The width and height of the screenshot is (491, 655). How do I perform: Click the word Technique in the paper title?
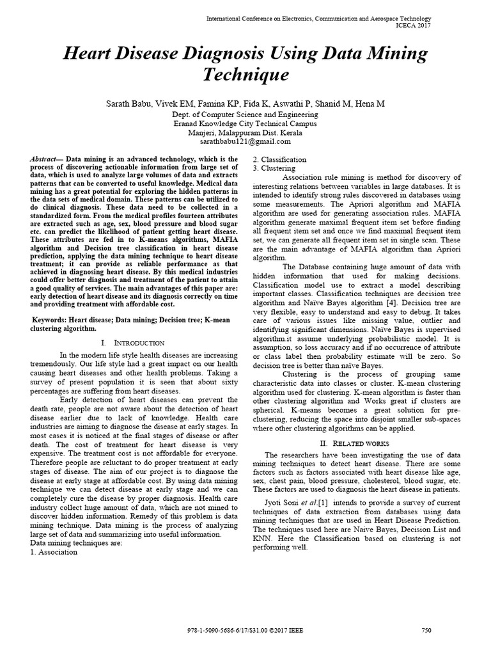pos(245,75)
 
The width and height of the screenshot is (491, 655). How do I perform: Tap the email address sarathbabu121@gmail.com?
pos(245,142)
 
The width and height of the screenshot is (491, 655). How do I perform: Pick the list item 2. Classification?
pos(279,159)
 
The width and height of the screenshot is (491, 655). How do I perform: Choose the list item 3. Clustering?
pos(274,168)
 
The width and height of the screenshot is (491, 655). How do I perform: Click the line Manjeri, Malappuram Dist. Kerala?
pos(245,132)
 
